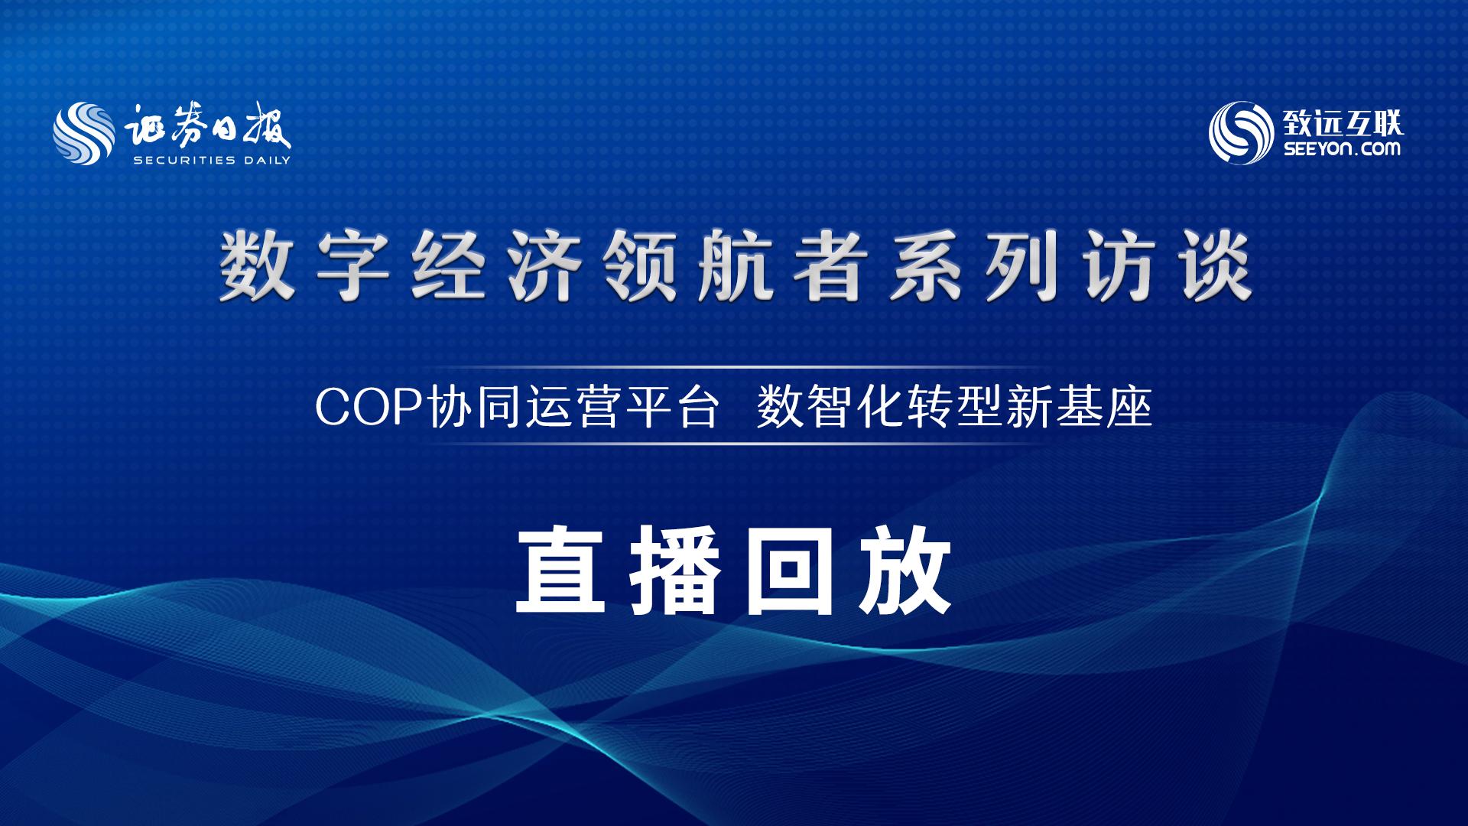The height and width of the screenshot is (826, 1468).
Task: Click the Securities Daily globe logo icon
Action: tap(84, 135)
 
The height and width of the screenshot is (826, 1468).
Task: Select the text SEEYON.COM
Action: tap(1339, 149)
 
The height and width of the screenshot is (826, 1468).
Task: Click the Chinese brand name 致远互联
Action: tap(1340, 121)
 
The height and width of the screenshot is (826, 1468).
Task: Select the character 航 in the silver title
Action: tap(735, 268)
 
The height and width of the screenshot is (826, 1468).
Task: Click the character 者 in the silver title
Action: tap(830, 268)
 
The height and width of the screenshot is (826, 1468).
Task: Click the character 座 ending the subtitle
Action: tap(1130, 408)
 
